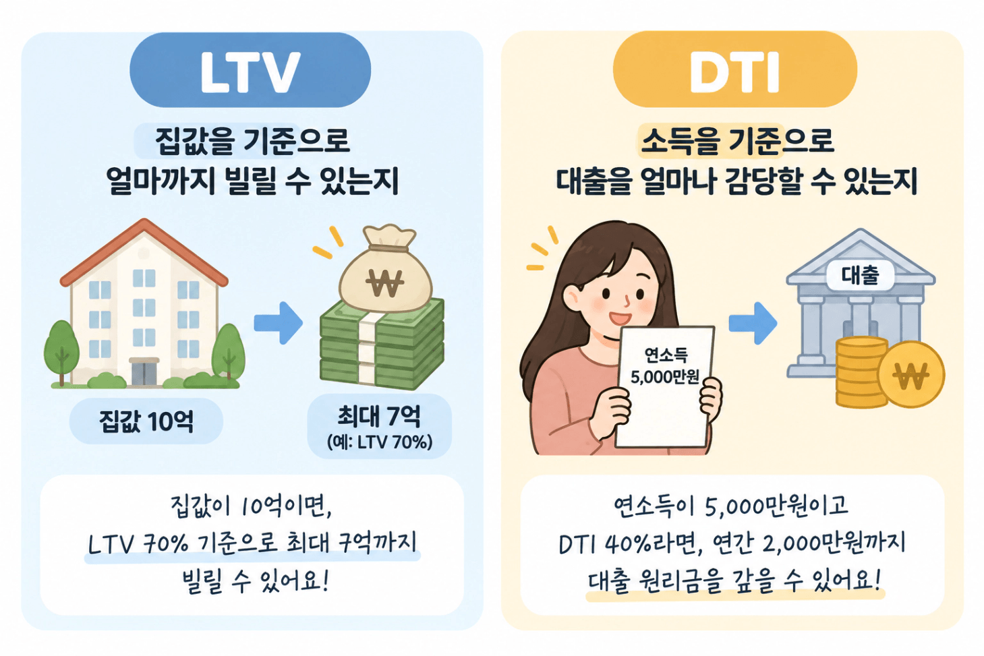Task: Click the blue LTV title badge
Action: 250,69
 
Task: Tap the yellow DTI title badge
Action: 734,69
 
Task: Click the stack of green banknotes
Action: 382,345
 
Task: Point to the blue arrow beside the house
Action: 278,323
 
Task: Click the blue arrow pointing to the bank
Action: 753,323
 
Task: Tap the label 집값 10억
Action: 146,421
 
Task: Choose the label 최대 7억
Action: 378,415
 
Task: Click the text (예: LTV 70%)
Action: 380,442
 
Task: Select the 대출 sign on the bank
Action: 860,275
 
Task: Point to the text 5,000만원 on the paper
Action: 664,377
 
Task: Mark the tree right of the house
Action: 228,353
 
